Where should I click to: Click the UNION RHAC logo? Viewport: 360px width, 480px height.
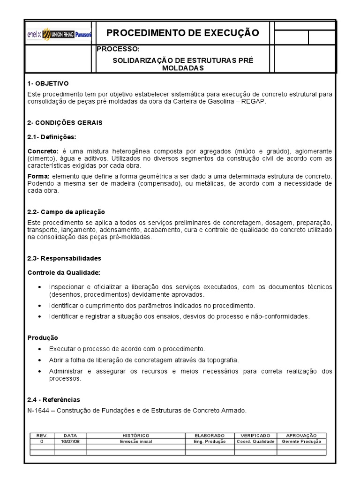59,34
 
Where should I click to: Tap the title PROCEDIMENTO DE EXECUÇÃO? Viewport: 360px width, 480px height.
183,33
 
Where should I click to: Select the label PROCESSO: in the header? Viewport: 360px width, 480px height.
118,49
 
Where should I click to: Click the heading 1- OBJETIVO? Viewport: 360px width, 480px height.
48,83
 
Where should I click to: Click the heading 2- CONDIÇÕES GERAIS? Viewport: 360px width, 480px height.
65,122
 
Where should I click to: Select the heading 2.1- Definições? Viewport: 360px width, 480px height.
52,137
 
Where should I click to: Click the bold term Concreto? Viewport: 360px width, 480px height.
43,151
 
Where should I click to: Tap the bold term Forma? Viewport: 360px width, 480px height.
38,176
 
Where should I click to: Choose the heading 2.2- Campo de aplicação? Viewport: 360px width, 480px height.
66,212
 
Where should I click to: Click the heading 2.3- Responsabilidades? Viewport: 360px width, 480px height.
64,258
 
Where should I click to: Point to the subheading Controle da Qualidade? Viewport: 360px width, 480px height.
64,272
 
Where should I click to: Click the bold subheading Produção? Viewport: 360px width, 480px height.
43,337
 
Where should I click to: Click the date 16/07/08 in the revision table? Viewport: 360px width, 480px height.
70,442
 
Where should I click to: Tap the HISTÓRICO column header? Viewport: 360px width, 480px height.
136,436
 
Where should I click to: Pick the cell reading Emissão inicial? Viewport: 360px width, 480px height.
136,442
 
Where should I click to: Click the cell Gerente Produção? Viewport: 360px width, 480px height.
301,442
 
